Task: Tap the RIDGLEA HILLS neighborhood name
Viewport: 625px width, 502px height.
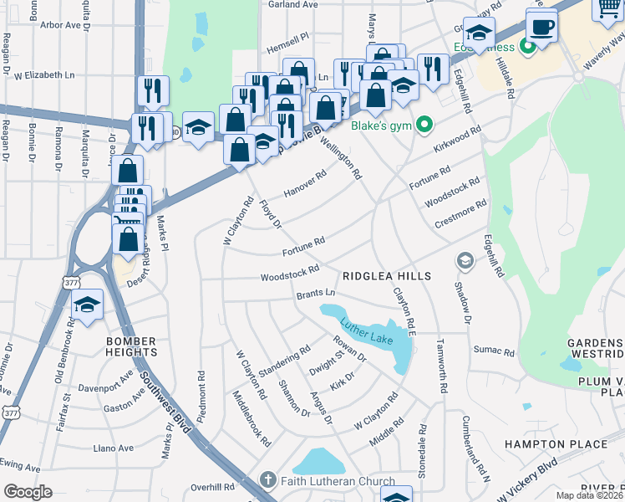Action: (x=386, y=276)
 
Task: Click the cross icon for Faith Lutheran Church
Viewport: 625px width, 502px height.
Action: (x=267, y=480)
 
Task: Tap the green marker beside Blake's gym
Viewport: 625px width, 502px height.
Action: (x=425, y=126)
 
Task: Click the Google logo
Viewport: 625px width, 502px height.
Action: (x=28, y=492)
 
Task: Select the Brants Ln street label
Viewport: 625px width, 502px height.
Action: (x=315, y=294)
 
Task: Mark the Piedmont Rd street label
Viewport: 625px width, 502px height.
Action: (x=201, y=393)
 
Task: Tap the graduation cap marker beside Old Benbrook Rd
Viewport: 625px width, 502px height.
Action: (x=87, y=307)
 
